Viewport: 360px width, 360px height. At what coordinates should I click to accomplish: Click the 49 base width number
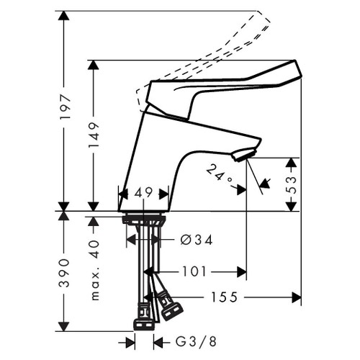[144, 194]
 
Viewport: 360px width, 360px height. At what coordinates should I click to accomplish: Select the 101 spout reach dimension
[194, 271]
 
